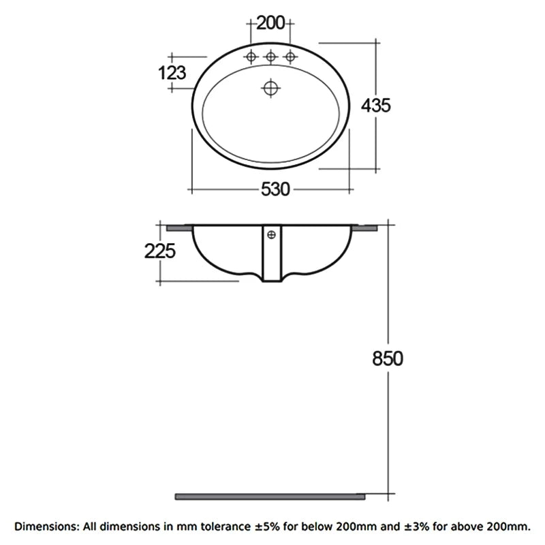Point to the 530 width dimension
point(270,190)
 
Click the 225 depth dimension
point(160,251)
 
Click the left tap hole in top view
point(251,57)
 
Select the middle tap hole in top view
point(270,57)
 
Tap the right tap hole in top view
point(290,57)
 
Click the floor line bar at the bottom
point(270,496)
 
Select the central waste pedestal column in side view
point(271,259)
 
